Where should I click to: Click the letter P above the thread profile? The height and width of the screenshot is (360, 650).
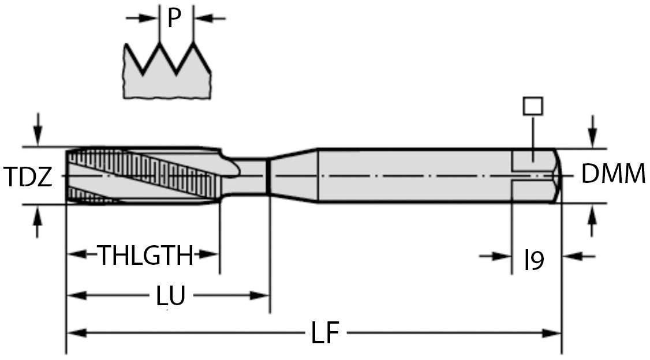click(x=174, y=18)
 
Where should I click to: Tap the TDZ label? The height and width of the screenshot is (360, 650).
click(x=28, y=177)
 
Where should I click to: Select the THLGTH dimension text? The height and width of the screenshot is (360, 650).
click(x=145, y=256)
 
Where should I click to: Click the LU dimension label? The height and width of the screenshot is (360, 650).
click(x=171, y=296)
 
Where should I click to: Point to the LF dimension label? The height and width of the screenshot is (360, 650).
click(x=325, y=334)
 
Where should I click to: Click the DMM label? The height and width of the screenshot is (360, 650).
click(x=613, y=174)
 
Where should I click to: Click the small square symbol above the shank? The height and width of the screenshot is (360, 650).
click(x=532, y=106)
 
